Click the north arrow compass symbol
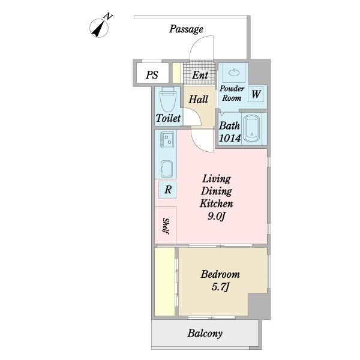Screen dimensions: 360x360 tap(99, 28)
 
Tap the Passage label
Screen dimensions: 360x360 tap(186, 29)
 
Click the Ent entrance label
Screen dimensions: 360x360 tap(200, 75)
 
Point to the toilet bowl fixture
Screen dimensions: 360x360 tap(168, 99)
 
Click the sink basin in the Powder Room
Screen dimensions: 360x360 tap(234, 73)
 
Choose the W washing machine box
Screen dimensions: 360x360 tap(256, 94)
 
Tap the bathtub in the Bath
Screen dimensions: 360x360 tap(251, 129)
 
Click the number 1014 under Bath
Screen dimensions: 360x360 tap(230, 138)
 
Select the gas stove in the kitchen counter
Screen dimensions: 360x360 tap(167, 139)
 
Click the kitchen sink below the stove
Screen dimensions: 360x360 tap(167, 169)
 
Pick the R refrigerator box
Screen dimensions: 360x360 tap(167, 190)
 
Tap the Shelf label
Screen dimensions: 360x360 tap(166, 226)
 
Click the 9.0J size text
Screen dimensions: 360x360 tap(216, 216)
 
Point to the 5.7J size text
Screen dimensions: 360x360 tap(220, 287)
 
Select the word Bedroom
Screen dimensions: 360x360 tap(220, 274)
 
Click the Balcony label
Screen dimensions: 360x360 tap(205, 334)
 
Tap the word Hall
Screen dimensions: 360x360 tap(199, 100)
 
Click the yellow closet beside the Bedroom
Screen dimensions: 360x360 tap(164, 282)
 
